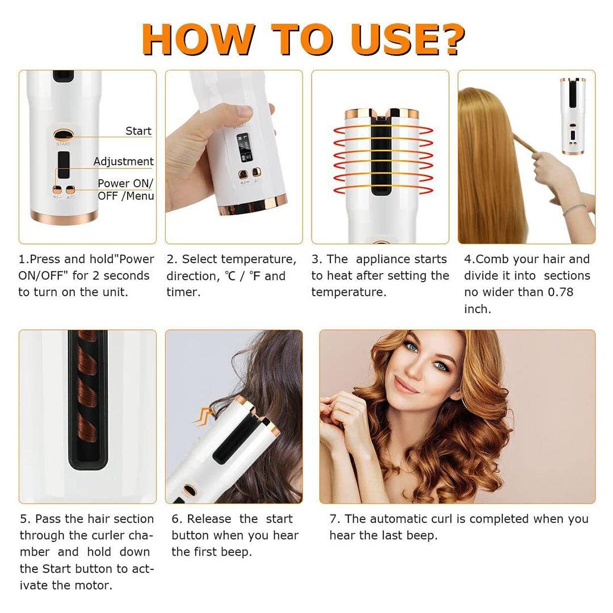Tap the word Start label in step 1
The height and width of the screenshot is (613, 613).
138,131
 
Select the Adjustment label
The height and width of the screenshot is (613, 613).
123,162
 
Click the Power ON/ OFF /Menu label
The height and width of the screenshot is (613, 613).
125,190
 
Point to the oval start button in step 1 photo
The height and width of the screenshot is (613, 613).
63,135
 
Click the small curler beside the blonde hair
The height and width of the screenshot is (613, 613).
573,116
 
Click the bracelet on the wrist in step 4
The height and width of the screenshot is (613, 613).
574,209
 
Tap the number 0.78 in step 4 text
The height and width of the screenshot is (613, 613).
560,292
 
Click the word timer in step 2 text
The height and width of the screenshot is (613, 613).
183,292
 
